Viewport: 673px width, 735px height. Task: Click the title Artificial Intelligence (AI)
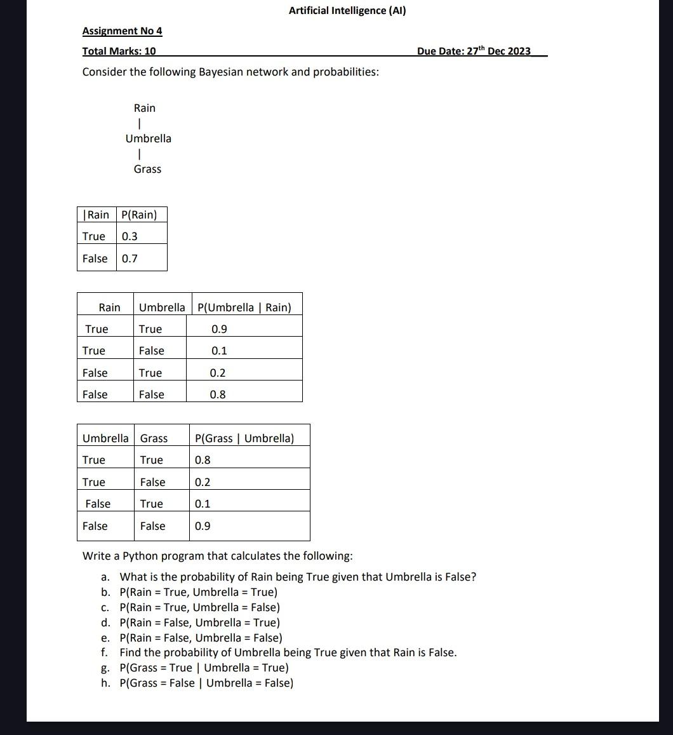(x=347, y=10)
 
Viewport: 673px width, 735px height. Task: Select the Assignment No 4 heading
(x=122, y=30)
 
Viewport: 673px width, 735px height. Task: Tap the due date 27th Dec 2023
(x=474, y=51)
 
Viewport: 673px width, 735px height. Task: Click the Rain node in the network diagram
(x=144, y=108)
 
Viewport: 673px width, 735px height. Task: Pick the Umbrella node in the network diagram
(x=148, y=138)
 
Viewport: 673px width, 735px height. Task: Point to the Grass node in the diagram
(x=147, y=169)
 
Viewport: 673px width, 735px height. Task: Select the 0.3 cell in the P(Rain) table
(x=130, y=236)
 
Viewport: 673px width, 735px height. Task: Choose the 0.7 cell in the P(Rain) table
(x=130, y=259)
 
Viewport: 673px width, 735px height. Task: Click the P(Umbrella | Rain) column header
(x=244, y=307)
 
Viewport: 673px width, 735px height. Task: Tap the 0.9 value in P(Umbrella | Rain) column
(x=219, y=329)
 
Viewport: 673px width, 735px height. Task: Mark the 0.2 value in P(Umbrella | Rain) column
(x=218, y=373)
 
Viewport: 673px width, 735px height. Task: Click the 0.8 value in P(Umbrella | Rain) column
(x=218, y=394)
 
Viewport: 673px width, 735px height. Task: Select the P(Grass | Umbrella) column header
(x=244, y=438)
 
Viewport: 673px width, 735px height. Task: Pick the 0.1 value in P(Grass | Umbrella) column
(x=203, y=504)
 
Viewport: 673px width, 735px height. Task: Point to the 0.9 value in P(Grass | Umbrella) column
(x=203, y=526)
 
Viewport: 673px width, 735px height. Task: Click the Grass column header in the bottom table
(x=154, y=438)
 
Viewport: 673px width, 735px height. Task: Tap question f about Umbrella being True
(x=288, y=652)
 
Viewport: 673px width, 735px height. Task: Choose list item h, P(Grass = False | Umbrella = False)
(x=206, y=683)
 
